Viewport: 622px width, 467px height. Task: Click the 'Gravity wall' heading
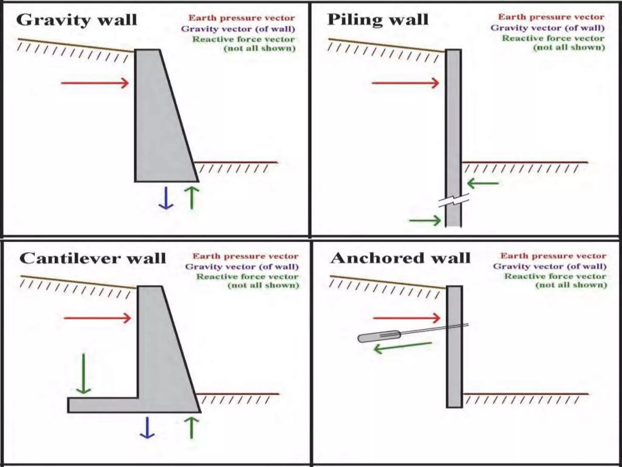click(x=77, y=20)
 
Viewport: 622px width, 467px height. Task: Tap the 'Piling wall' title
click(x=378, y=20)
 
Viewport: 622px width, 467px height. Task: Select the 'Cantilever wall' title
click(x=93, y=259)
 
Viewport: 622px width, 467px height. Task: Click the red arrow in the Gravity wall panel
click(x=95, y=83)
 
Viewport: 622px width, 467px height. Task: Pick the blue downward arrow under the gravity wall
click(x=166, y=198)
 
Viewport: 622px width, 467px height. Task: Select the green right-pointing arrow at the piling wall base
click(x=425, y=220)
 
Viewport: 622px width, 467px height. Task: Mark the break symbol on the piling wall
click(x=454, y=201)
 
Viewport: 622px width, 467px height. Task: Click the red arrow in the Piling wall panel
click(x=405, y=83)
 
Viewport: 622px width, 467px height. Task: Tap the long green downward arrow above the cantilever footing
click(x=83, y=374)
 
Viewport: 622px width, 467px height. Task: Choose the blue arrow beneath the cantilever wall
click(x=147, y=428)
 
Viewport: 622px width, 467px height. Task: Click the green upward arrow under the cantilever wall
click(x=192, y=428)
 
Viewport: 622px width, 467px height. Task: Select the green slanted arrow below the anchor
click(x=402, y=347)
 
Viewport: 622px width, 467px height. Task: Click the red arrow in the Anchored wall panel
click(x=406, y=318)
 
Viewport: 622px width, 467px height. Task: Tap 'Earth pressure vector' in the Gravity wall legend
click(x=241, y=18)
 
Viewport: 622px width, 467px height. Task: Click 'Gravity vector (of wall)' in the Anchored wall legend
click(x=550, y=266)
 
